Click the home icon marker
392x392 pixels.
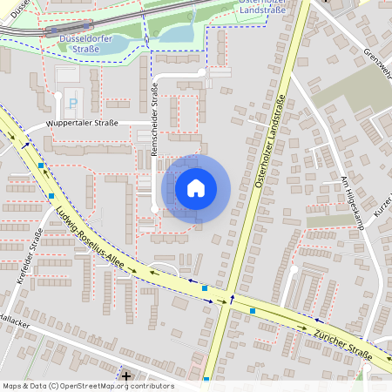pos(196,188)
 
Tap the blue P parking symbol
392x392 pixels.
pos(72,103)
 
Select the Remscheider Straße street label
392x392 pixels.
pos(154,118)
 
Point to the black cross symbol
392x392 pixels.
pos(127,376)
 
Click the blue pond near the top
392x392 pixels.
pos(180,34)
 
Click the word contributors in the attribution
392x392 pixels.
pos(152,386)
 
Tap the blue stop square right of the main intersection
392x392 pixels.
pos(253,310)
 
